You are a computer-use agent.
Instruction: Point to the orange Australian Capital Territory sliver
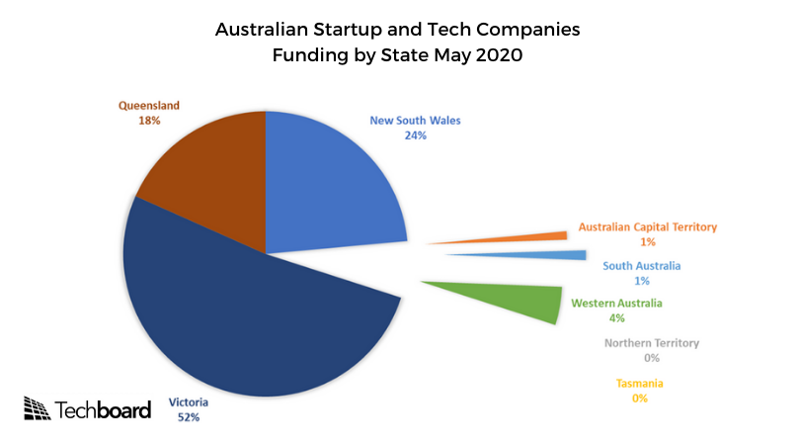pos(533,237)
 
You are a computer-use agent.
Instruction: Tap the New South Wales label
pos(415,121)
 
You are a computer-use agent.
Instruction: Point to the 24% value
pos(415,135)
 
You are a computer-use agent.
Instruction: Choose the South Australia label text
pos(641,266)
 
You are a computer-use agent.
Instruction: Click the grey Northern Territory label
pos(651,343)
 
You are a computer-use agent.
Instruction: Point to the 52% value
pos(188,418)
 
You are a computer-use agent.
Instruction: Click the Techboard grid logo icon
pos(37,407)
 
